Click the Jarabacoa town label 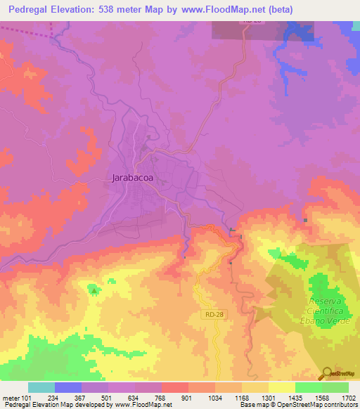133,178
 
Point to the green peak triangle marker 94,288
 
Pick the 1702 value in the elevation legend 348,397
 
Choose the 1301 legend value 268,397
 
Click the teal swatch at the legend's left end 41,387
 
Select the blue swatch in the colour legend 68,387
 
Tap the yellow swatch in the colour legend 281,387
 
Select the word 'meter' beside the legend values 11,397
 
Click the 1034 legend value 214,397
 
